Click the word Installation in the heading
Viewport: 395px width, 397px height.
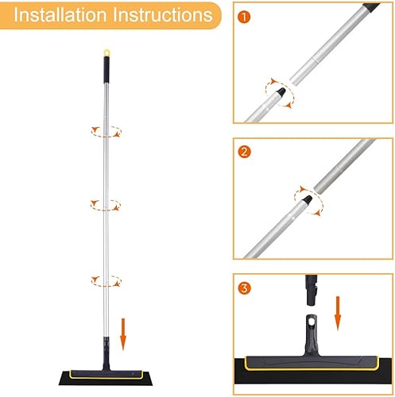pyautogui.click(x=60, y=15)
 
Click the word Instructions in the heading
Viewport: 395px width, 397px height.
pyautogui.click(x=163, y=15)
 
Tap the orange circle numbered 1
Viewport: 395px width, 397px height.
pyautogui.click(x=244, y=17)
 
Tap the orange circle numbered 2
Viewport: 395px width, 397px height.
pyautogui.click(x=244, y=152)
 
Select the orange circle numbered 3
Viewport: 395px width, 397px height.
pyautogui.click(x=244, y=287)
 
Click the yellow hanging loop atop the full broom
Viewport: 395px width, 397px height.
pyautogui.click(x=106, y=52)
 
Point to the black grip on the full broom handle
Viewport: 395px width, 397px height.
pyautogui.click(x=106, y=70)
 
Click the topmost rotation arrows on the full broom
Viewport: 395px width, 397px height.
pyautogui.click(x=106, y=132)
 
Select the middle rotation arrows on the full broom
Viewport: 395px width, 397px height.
pyautogui.click(x=106, y=205)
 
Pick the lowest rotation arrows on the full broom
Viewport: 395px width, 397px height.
pyautogui.click(x=106, y=281)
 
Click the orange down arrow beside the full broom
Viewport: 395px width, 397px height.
pyautogui.click(x=123, y=334)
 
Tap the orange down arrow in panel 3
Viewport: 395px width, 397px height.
pyautogui.click(x=338, y=314)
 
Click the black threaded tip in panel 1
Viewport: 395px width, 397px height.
pyautogui.click(x=281, y=92)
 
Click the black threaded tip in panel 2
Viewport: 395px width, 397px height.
pyautogui.click(x=308, y=200)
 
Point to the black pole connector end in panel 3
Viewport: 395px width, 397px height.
pyautogui.click(x=312, y=291)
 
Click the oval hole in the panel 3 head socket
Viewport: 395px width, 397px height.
pyautogui.click(x=311, y=321)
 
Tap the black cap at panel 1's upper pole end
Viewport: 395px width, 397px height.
pyautogui.click(x=371, y=7)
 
